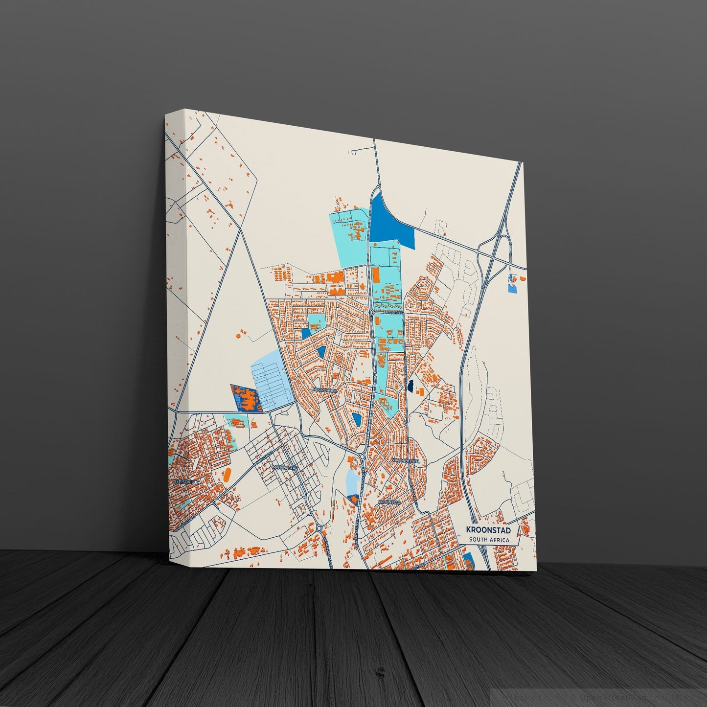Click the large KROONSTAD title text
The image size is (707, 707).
tap(488, 530)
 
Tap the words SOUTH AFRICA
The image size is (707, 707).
tap(489, 540)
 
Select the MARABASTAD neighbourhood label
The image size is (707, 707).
tap(286, 468)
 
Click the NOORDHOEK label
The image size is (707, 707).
tap(325, 390)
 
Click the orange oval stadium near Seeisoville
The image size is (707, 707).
tap(227, 474)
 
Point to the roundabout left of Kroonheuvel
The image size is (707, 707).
tap(362, 456)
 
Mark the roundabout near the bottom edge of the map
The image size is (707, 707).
tap(319, 528)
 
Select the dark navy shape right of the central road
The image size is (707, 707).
tap(411, 386)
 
